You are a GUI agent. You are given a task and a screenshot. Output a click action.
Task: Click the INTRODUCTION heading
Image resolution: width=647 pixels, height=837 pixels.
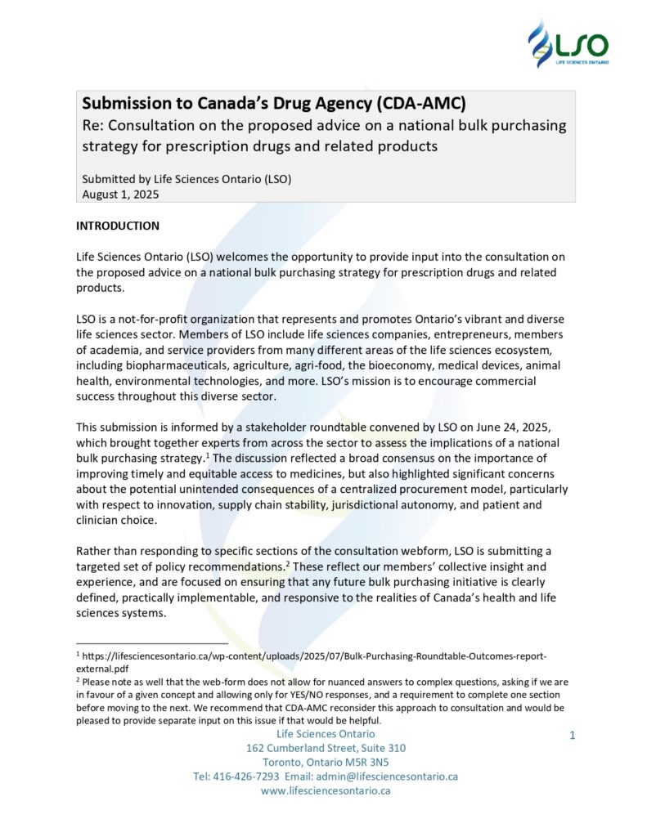[x=118, y=226]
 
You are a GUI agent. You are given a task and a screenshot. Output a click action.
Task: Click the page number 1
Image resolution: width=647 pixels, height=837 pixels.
[x=573, y=736]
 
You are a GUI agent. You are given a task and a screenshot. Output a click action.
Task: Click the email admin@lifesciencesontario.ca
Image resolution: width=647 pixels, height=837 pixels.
[x=396, y=776]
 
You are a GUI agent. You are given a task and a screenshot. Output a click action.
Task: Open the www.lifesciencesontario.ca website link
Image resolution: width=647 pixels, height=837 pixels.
[x=326, y=790]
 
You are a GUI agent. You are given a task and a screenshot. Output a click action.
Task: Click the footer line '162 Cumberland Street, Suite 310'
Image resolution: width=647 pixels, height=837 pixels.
[x=326, y=747]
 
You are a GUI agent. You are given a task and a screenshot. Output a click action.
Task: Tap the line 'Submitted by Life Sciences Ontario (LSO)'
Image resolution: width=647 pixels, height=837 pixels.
[x=186, y=178]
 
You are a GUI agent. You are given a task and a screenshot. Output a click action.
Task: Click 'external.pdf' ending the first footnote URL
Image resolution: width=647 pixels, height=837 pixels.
[x=106, y=667]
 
